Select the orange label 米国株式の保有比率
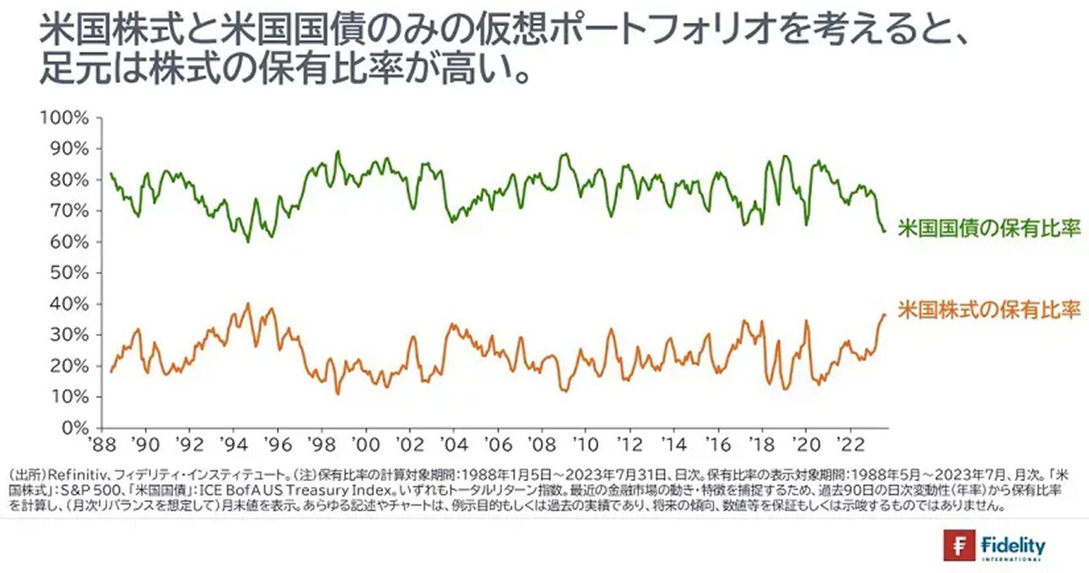(989, 309)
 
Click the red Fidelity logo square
(960, 546)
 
